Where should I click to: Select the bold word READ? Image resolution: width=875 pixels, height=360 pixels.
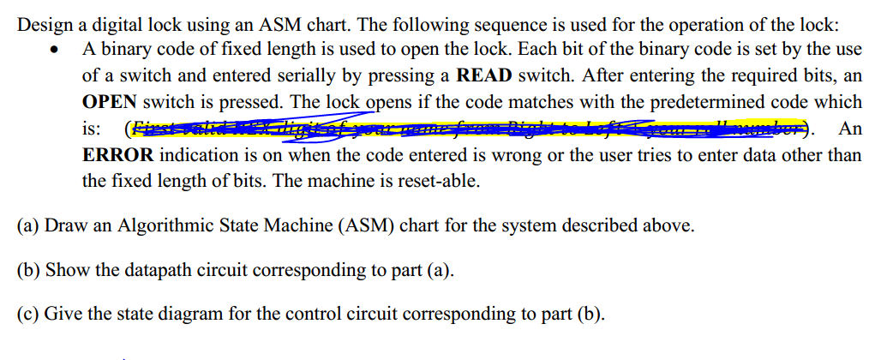tap(485, 75)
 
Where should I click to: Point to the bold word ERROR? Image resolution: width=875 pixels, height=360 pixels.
tap(117, 155)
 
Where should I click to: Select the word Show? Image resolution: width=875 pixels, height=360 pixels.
tap(65, 270)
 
